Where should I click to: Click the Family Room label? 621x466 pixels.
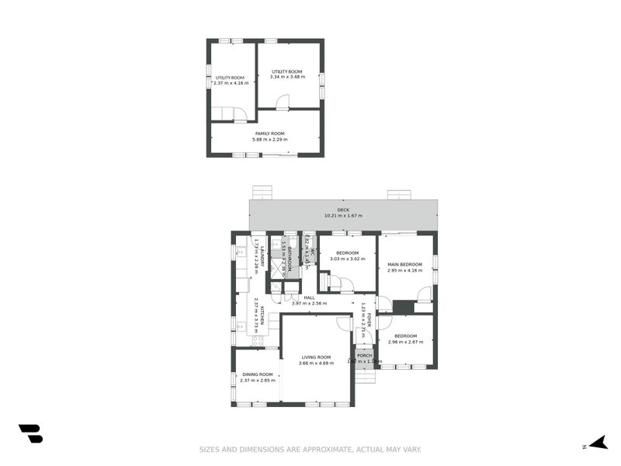pyautogui.click(x=269, y=134)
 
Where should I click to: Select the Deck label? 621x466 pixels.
pyautogui.click(x=343, y=210)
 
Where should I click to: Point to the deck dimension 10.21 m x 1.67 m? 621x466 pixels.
pyautogui.click(x=343, y=216)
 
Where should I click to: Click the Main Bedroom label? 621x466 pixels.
pyautogui.click(x=404, y=265)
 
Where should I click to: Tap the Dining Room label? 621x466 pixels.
pyautogui.click(x=258, y=374)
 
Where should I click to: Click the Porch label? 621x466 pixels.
pyautogui.click(x=364, y=356)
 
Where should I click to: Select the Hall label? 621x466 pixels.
pyautogui.click(x=309, y=297)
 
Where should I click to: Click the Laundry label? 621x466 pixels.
pyautogui.click(x=262, y=257)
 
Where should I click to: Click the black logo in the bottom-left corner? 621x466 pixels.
pyautogui.click(x=30, y=433)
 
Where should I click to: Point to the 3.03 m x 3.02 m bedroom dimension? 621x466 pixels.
pyautogui.click(x=347, y=259)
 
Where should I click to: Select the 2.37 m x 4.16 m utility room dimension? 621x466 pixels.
pyautogui.click(x=230, y=83)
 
